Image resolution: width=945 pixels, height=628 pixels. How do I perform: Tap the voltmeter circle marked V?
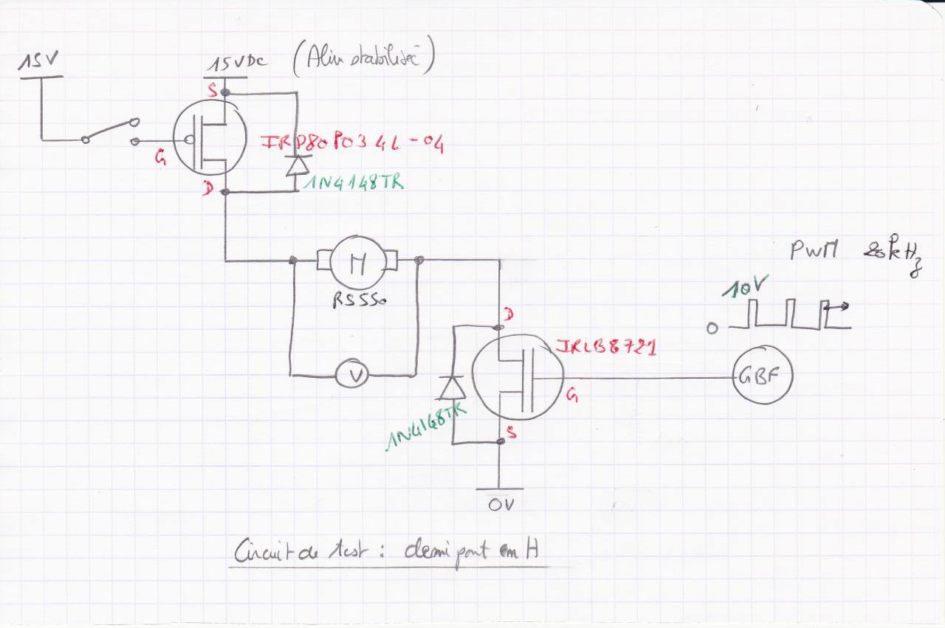pos(357,376)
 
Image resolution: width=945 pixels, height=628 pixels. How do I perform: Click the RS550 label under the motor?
pos(360,301)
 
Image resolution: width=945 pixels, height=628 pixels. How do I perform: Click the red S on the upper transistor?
pos(213,91)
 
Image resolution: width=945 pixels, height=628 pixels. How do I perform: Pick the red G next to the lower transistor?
pos(572,397)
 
